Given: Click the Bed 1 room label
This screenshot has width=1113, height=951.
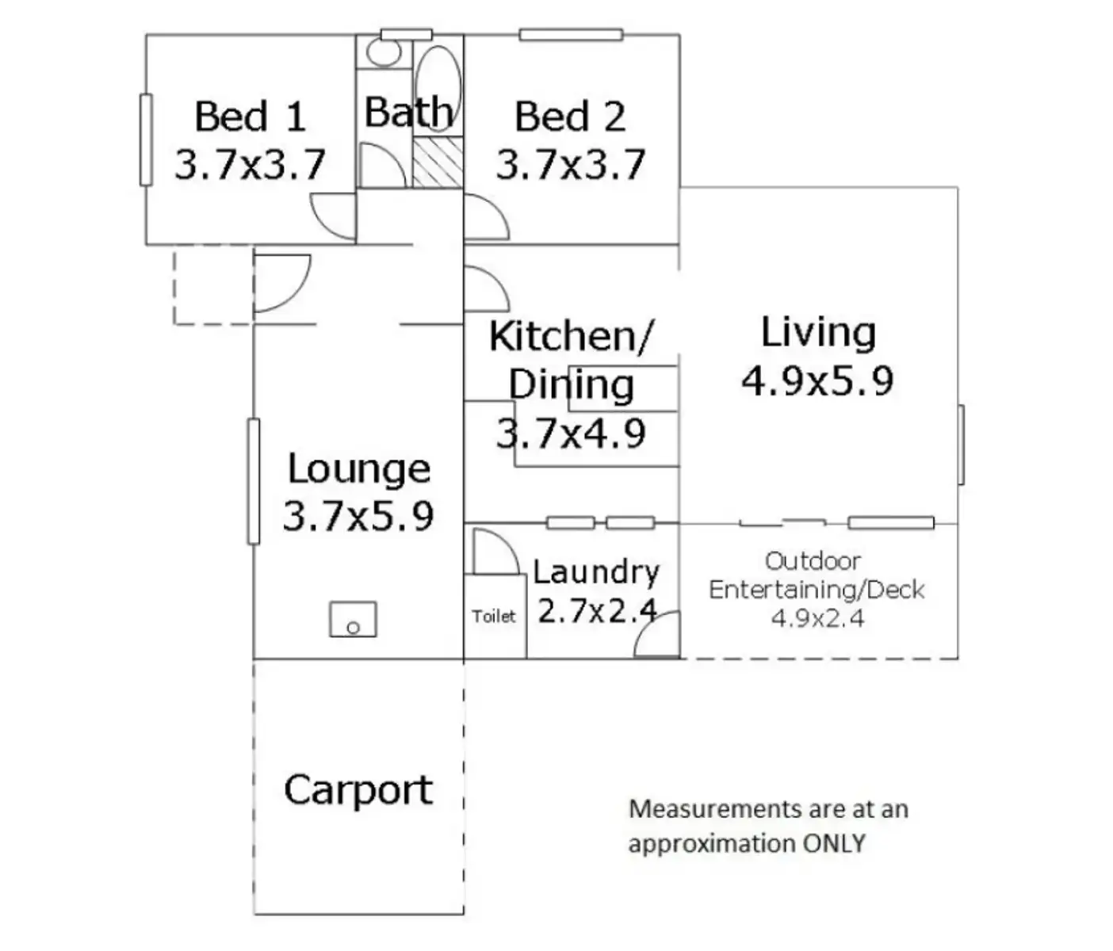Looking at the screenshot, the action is [250, 116].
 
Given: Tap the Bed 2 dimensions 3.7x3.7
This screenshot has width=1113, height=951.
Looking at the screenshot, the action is [570, 166].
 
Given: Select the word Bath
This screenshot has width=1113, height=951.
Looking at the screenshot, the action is [408, 113].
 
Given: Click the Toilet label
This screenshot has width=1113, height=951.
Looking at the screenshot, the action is [494, 617].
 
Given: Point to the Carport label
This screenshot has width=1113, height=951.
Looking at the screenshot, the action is [358, 790].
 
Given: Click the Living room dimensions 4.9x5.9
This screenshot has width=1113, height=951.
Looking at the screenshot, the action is [817, 380].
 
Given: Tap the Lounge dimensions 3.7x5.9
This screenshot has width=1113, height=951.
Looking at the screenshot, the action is [358, 516].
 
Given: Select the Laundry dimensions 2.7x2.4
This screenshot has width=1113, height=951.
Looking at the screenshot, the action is [596, 611].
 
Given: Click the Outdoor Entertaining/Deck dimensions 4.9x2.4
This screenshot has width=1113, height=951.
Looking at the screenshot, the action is [817, 618].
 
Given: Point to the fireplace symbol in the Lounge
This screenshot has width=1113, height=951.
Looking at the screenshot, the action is [353, 619].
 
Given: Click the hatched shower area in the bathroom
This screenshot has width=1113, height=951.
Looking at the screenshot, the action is [438, 161].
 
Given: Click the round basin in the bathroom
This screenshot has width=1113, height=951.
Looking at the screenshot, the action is [384, 52].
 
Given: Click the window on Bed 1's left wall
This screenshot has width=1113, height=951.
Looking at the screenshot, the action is [146, 139].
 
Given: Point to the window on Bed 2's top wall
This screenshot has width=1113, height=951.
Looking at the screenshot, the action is [571, 34].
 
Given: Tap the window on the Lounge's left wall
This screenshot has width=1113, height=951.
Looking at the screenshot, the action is [254, 481].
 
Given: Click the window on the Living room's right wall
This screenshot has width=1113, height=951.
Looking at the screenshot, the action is [961, 445].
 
